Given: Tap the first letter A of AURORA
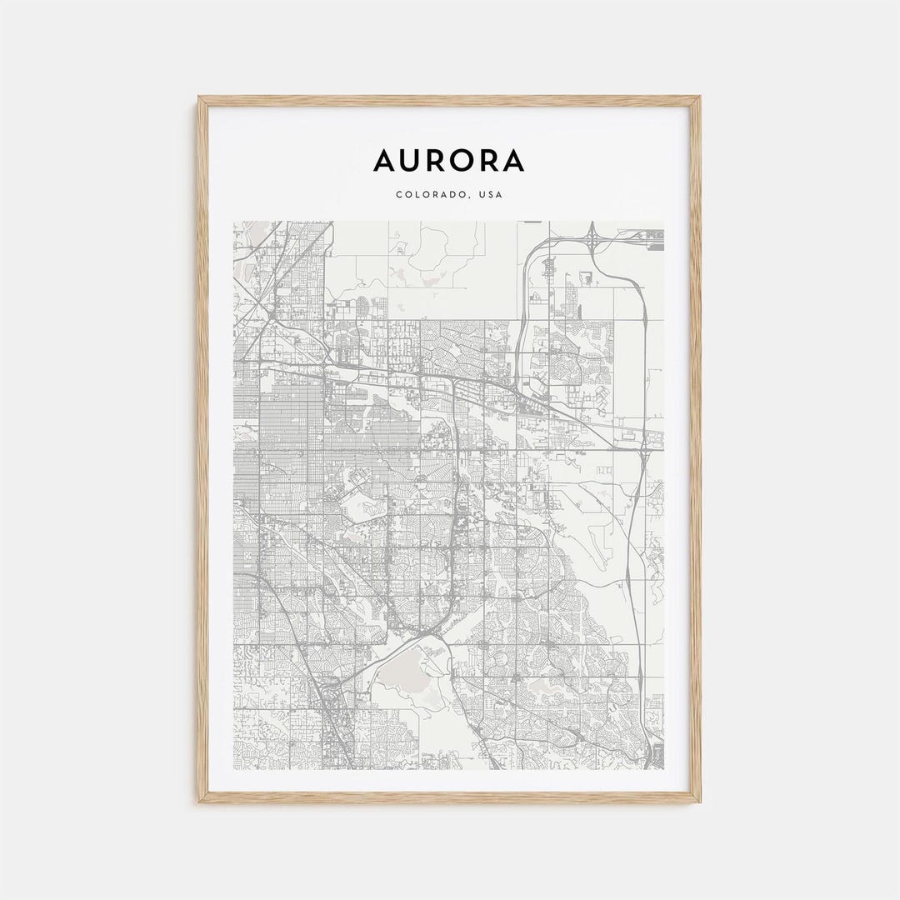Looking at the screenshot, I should (x=384, y=160).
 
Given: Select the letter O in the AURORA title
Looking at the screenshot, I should (x=463, y=160).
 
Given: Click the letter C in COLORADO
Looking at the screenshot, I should (x=399, y=195).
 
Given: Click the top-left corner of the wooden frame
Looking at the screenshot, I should (x=200, y=98).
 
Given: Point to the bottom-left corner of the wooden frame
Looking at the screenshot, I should (x=200, y=802).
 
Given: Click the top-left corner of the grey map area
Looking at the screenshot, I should (x=234, y=222).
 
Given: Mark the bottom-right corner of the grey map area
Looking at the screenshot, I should (x=664, y=768).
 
